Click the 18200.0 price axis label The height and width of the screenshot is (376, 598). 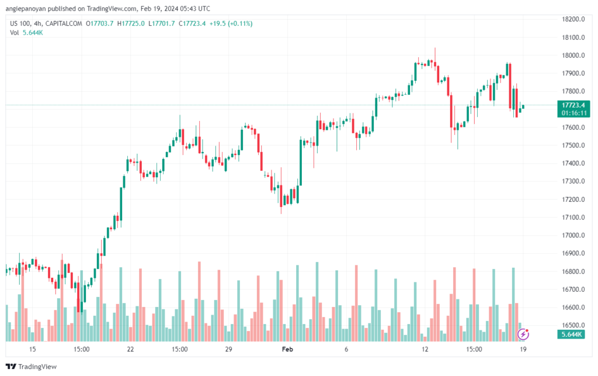[573, 19]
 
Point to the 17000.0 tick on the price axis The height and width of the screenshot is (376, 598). [573, 235]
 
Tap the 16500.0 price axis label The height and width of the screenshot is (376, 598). [573, 325]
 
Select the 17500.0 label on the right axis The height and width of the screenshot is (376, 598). [573, 145]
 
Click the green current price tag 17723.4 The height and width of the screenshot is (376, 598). [573, 105]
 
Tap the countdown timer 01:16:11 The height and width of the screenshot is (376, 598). [573, 112]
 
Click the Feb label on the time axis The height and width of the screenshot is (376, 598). [287, 350]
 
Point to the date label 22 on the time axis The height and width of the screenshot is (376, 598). [130, 350]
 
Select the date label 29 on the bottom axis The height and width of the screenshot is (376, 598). [228, 350]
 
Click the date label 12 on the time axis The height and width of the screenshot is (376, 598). [425, 350]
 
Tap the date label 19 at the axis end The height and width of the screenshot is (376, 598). [523, 350]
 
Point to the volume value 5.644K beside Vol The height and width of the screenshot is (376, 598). [33, 32]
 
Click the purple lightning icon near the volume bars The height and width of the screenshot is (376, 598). [524, 334]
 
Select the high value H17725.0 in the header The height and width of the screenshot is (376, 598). [132, 23]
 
